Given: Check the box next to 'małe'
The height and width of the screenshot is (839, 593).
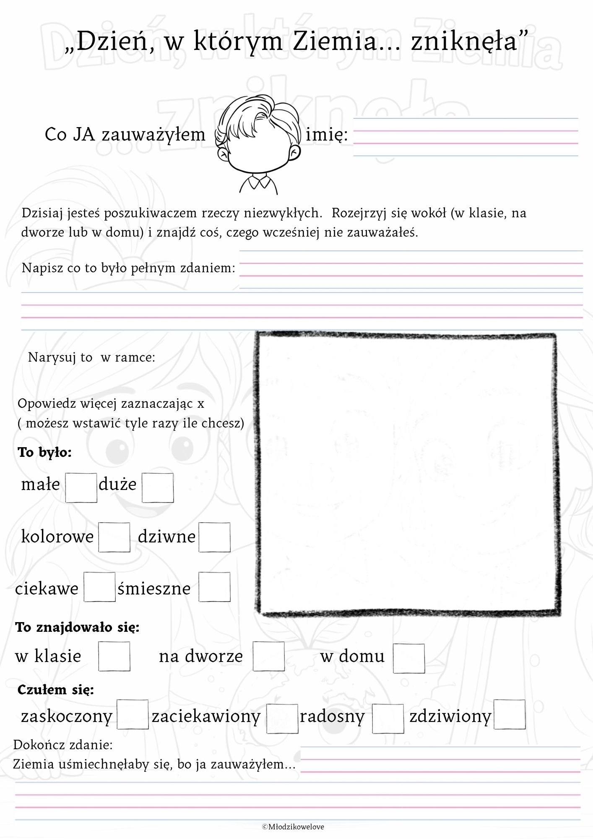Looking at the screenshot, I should pos(81,487).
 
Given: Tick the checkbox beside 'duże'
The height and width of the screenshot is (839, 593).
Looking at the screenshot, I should pos(158,487).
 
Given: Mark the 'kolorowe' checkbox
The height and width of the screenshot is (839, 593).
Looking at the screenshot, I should pos(114,537).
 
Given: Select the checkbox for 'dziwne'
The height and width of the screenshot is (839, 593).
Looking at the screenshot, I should pos(214,537).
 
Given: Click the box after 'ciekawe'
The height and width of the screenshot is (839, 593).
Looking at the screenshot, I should pos(99,586).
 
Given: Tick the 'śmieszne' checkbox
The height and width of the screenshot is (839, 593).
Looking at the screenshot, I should pos(214,586).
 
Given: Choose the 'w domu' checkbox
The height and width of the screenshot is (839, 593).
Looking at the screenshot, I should pos(409,658).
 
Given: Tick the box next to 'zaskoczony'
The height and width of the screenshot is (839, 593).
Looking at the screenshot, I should pos(133,714).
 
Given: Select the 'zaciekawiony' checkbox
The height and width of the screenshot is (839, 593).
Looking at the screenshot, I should pos(282,719).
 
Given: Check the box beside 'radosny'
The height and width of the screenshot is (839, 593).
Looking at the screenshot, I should pos(388,719).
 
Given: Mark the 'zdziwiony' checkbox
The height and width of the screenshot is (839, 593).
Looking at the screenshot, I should pos(510,714).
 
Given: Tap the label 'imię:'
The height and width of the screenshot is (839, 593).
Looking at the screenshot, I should pos(327,135).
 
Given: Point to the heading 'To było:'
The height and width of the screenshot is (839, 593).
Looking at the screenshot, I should pos(45,452).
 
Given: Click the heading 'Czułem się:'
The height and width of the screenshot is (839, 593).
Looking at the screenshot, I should pos(55,690).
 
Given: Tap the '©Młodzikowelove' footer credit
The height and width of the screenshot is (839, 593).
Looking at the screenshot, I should pos(293,827).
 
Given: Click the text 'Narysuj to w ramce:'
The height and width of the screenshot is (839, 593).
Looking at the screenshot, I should pos(91,357).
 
